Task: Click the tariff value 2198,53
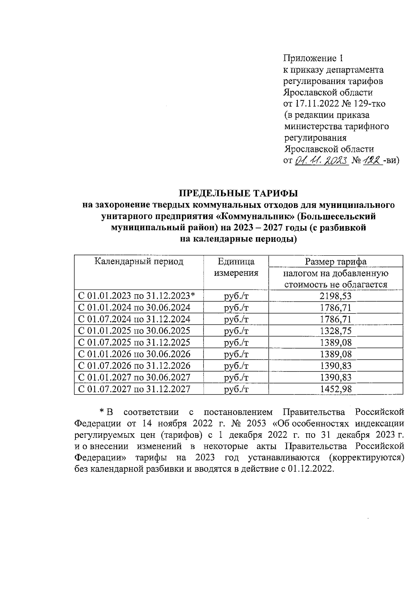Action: tap(336, 296)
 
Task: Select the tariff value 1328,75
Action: tap(336, 331)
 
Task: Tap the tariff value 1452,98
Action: tap(336, 389)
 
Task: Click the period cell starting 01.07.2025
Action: tap(134, 342)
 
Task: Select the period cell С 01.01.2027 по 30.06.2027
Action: tap(134, 377)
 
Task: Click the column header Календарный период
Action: tap(139, 261)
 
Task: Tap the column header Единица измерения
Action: tap(236, 267)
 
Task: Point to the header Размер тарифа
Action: tap(336, 261)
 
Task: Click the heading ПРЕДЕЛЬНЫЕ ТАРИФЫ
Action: tap(238, 193)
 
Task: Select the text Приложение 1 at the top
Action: tap(314, 58)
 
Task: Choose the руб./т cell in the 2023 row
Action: tap(236, 296)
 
